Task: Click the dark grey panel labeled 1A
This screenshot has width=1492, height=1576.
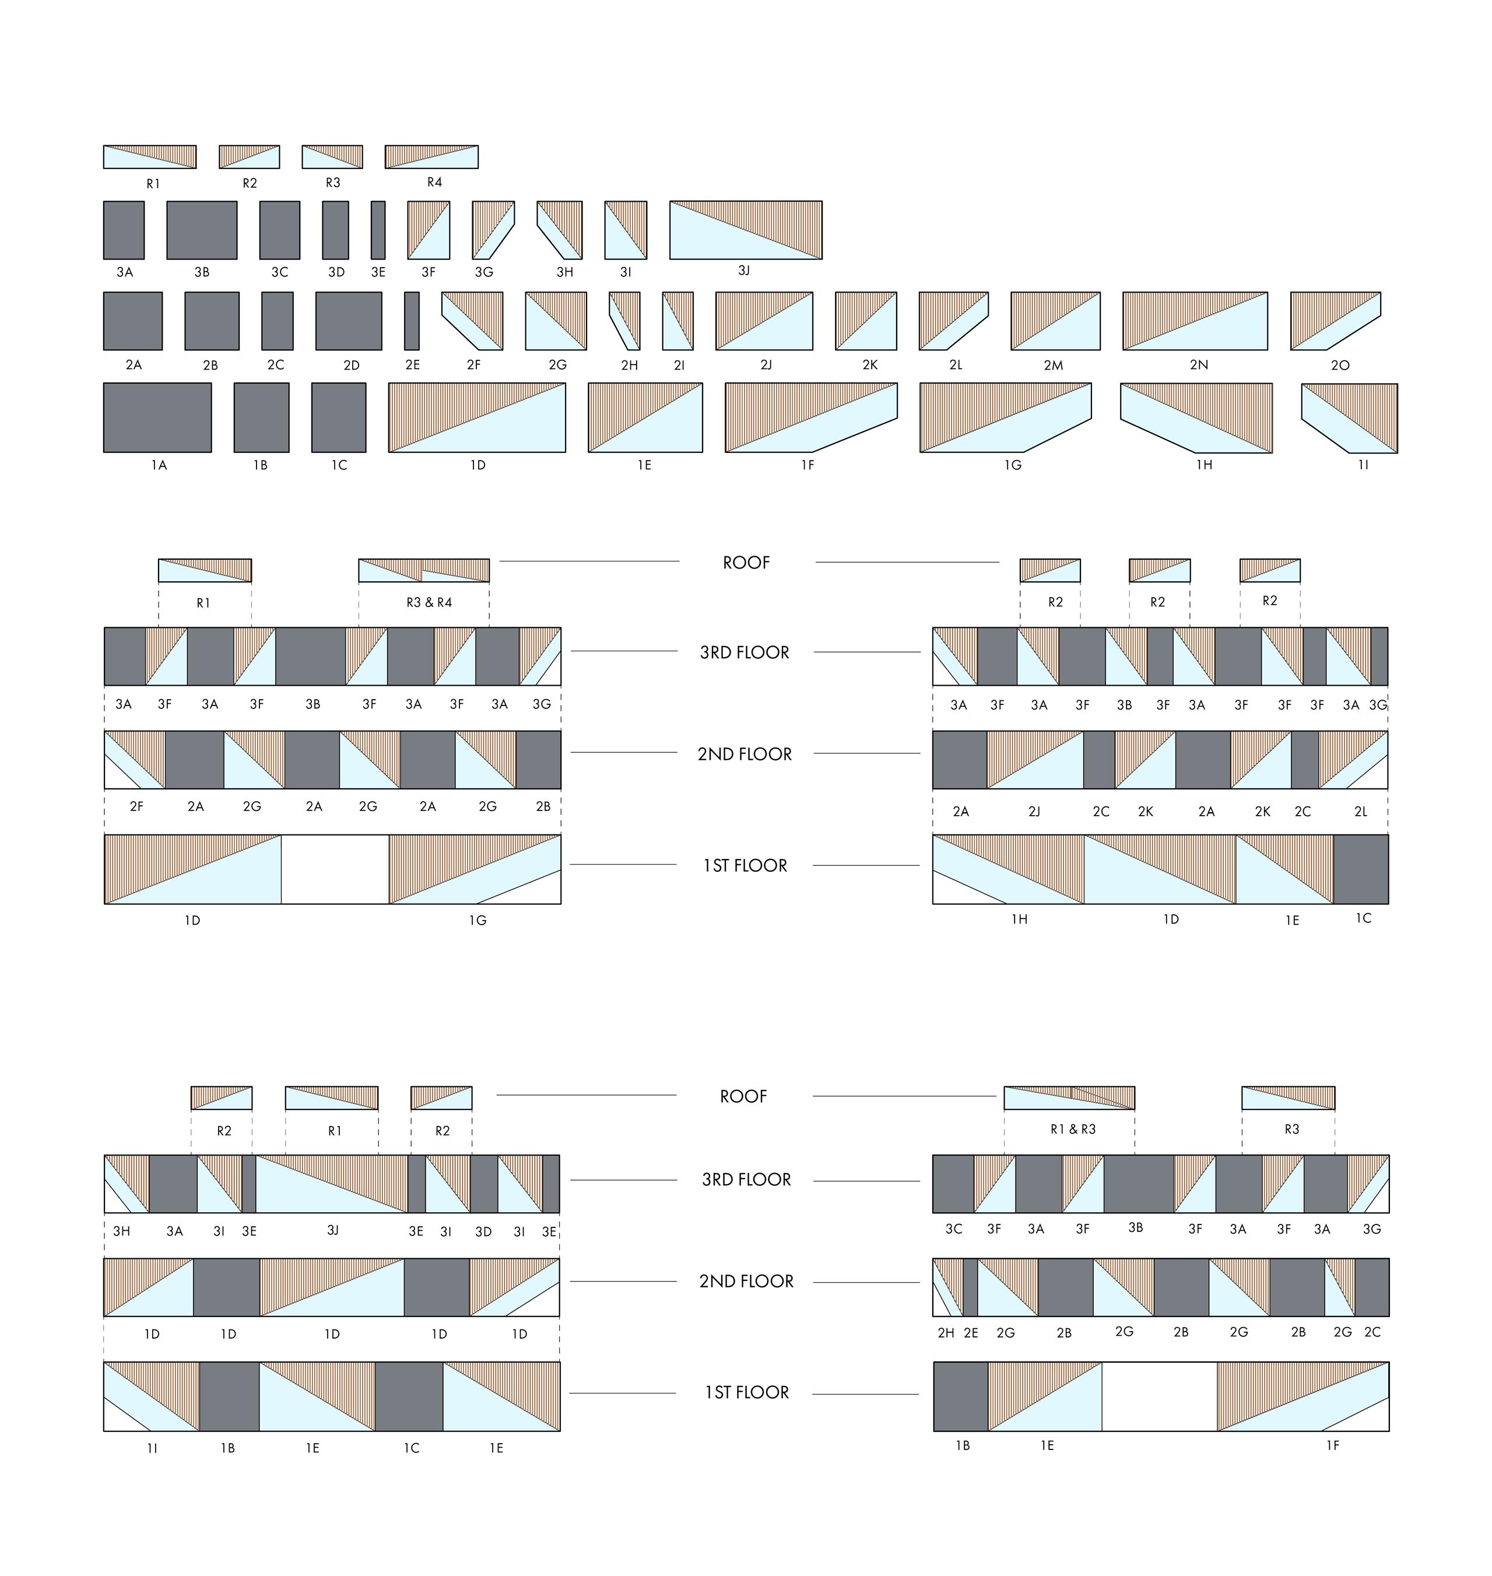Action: pyautogui.click(x=157, y=417)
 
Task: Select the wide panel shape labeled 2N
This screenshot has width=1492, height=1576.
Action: pyautogui.click(x=1195, y=321)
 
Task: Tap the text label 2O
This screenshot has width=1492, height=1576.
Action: pyautogui.click(x=1340, y=365)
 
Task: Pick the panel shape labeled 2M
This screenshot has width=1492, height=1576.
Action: pyautogui.click(x=1055, y=321)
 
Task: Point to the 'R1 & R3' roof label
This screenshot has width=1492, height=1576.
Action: pyautogui.click(x=1073, y=1129)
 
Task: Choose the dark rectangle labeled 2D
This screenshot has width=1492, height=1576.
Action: pyautogui.click(x=348, y=321)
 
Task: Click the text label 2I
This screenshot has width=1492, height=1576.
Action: pyautogui.click(x=679, y=365)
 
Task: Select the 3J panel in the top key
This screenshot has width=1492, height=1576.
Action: pyautogui.click(x=745, y=230)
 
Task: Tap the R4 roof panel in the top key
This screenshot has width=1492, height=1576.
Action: pyautogui.click(x=431, y=157)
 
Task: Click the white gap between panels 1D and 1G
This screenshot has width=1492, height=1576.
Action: pyautogui.click(x=335, y=869)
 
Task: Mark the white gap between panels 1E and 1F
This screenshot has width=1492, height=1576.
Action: pyautogui.click(x=1159, y=1396)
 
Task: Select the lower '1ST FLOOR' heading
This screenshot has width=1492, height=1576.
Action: pyautogui.click(x=746, y=1392)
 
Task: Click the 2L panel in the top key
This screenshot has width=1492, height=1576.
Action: pyautogui.click(x=952, y=321)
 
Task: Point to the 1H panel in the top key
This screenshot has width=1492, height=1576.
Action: pyautogui.click(x=1196, y=417)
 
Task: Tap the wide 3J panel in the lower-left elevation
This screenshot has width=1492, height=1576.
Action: pyautogui.click(x=332, y=1183)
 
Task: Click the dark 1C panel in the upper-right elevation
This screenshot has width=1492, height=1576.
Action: pyautogui.click(x=1361, y=869)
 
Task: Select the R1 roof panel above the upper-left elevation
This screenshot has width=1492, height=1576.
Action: pyautogui.click(x=205, y=570)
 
